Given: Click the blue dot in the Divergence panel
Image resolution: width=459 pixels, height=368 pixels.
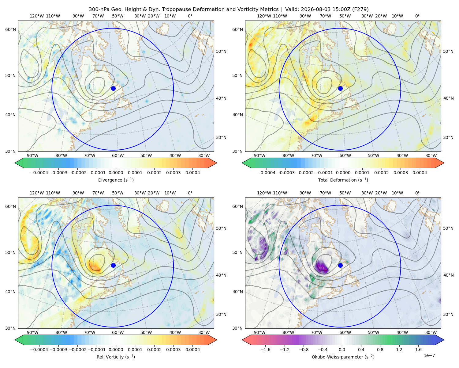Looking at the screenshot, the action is point(113,88).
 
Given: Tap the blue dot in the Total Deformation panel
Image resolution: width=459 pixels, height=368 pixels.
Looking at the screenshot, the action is point(340,88).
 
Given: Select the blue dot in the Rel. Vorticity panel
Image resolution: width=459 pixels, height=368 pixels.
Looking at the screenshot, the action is point(113,265).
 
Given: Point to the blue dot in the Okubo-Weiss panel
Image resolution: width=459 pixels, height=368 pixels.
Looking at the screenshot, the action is point(340,265).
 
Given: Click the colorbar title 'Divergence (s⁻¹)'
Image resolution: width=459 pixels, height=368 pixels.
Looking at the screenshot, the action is point(116,180).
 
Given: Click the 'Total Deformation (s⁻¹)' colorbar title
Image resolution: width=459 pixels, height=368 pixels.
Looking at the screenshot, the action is point(343,180).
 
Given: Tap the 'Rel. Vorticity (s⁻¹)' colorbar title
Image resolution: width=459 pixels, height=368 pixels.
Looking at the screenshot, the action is point(116,357).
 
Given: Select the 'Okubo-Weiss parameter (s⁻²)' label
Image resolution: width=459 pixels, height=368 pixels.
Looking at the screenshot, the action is point(343,357).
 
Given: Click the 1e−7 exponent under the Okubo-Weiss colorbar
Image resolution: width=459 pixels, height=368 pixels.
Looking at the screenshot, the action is point(429,355).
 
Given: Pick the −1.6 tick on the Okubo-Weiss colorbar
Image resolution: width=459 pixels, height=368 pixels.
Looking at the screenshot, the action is point(265,349).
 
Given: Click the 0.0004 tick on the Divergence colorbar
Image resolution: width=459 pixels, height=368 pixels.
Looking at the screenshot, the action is point(192,173).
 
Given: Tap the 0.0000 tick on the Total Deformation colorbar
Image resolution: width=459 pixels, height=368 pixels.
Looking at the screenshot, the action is point(343,173).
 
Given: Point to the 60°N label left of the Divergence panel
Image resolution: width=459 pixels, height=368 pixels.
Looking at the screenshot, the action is point(10,29).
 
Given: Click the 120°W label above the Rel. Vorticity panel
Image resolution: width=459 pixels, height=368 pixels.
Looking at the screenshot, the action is point(37,193).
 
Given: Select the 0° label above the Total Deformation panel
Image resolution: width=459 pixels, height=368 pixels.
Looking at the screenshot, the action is point(417,16).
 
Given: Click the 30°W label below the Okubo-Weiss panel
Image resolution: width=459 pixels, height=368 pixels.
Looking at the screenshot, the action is point(431,332).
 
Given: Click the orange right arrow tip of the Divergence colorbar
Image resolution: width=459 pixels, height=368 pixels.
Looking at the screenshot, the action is point(217,163).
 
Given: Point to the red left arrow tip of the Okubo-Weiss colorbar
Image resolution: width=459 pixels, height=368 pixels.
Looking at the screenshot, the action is point(242,340).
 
